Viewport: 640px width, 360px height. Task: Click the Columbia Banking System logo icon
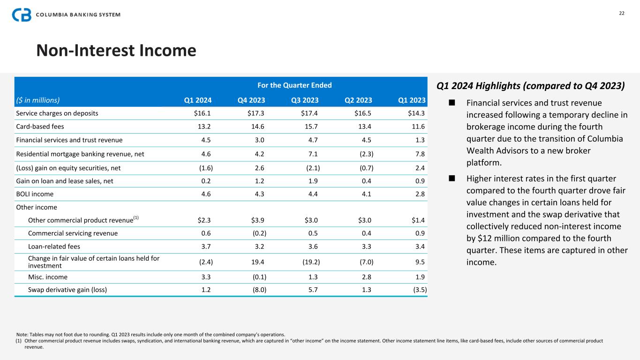(22, 15)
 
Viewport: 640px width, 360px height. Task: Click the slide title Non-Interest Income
(116, 50)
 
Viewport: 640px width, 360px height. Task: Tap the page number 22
(622, 13)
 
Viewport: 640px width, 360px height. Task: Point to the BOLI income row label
(35, 194)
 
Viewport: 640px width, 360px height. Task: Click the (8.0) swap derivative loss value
(258, 290)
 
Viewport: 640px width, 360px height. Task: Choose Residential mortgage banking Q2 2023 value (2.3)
(363, 153)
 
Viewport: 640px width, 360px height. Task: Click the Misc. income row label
(48, 277)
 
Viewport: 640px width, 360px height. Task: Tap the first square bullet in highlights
(452, 103)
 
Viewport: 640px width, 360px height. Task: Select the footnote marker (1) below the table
(19, 341)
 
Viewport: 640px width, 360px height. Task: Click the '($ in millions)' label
(38, 100)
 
